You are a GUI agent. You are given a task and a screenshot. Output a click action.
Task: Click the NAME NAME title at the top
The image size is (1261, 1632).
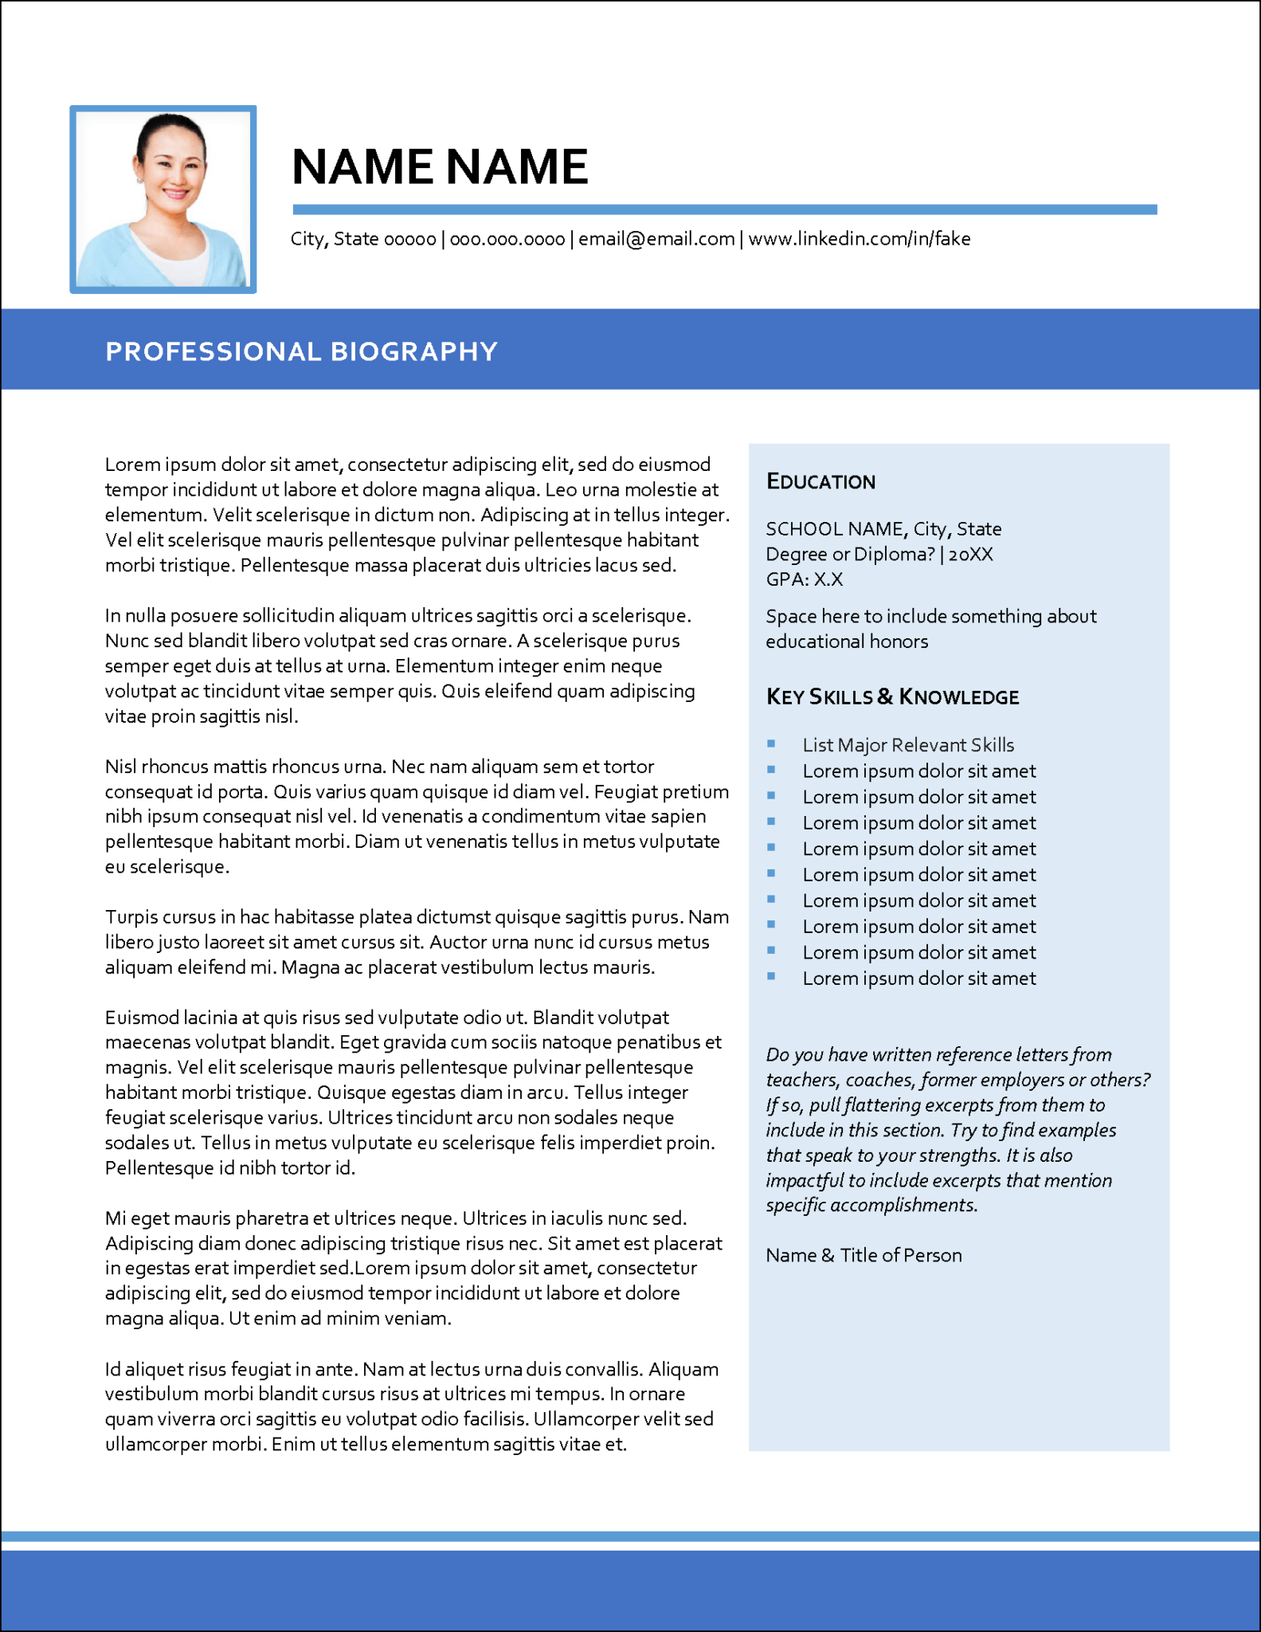(x=439, y=167)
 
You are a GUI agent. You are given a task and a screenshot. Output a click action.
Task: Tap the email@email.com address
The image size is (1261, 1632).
(x=656, y=239)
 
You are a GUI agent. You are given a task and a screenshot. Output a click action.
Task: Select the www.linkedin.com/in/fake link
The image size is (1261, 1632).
(x=859, y=239)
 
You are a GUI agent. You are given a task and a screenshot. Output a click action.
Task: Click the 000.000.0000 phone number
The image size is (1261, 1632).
(x=507, y=239)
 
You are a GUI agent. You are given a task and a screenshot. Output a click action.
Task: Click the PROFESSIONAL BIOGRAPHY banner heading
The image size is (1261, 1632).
(x=301, y=351)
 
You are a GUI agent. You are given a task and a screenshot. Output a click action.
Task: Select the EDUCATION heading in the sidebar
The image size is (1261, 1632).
(x=820, y=481)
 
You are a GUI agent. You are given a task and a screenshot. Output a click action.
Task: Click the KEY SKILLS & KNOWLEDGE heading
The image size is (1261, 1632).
(x=892, y=697)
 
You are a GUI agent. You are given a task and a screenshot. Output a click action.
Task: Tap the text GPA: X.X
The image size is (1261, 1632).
(x=804, y=579)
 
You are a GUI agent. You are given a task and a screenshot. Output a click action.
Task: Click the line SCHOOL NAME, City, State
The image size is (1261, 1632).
(x=883, y=529)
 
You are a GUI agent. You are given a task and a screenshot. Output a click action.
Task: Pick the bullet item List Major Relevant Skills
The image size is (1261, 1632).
(x=907, y=745)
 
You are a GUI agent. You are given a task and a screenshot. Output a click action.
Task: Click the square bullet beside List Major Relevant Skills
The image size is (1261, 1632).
(x=771, y=743)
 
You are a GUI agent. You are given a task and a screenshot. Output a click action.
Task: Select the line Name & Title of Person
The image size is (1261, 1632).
(x=864, y=1255)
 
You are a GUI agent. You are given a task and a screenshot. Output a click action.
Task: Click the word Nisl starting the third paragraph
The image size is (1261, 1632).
(x=120, y=767)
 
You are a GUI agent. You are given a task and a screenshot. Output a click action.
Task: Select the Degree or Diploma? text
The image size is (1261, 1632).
(x=849, y=555)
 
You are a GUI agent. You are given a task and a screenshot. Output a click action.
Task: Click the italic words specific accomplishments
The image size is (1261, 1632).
(x=871, y=1205)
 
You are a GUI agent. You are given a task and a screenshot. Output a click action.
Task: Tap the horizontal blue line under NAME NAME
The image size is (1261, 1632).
(x=724, y=210)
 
